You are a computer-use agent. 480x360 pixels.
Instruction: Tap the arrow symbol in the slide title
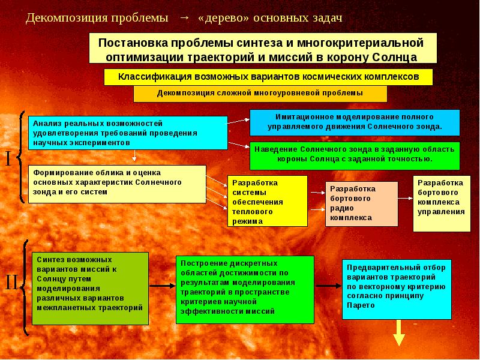(x=184, y=17)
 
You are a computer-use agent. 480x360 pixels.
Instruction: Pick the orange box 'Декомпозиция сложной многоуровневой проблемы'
(x=260, y=94)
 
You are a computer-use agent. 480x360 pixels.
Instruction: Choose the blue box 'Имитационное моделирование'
(x=355, y=122)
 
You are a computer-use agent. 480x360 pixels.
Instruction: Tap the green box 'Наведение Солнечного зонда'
(x=355, y=154)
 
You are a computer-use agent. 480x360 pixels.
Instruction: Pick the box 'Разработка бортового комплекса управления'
(x=442, y=203)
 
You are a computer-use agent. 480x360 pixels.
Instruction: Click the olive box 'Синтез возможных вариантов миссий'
(x=90, y=289)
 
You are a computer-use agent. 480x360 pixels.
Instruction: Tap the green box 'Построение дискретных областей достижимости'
(x=245, y=288)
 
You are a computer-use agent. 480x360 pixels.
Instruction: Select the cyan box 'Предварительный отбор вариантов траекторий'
(x=397, y=289)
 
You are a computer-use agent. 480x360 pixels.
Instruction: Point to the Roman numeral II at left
(x=11, y=283)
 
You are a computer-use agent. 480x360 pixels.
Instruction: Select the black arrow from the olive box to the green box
(x=162, y=286)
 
